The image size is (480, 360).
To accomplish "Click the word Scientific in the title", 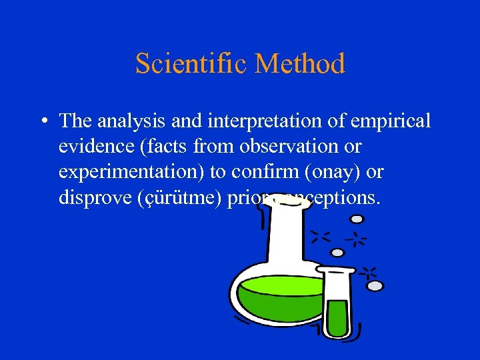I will [x=191, y=64].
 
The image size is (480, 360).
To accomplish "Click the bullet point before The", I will [x=42, y=122].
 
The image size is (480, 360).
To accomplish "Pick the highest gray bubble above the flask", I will [x=357, y=218].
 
